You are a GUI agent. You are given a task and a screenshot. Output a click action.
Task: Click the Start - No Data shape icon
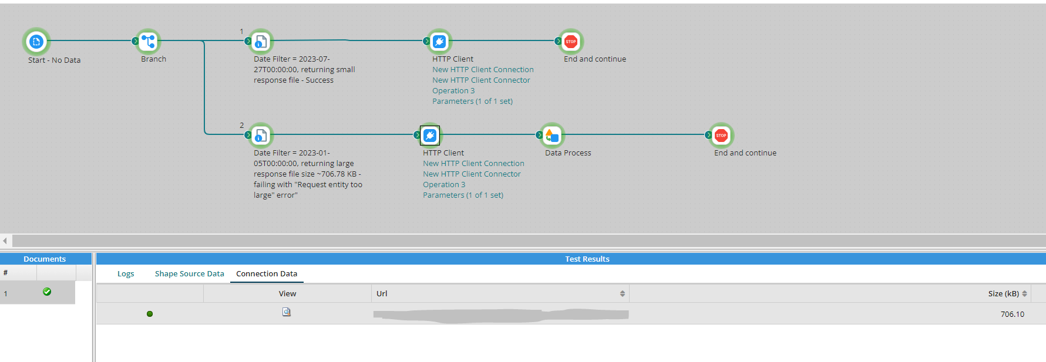pos(36,42)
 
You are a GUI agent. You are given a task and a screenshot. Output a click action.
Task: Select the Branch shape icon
pos(149,41)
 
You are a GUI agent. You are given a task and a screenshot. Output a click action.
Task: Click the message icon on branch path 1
pos(261,42)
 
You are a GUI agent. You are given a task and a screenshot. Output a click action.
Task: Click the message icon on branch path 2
pos(261,136)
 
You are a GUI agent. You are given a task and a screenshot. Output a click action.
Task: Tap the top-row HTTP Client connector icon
pos(439,42)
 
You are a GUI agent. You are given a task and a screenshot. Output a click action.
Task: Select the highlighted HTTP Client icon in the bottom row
pos(430,136)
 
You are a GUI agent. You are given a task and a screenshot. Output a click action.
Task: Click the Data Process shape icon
pos(552,136)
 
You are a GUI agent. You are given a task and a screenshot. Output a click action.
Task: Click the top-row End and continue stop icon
pos(571,42)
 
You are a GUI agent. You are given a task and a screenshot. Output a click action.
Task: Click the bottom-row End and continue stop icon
pos(721,136)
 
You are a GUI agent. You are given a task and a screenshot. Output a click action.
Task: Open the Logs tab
pos(126,274)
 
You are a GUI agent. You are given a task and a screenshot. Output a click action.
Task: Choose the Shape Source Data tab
pos(189,274)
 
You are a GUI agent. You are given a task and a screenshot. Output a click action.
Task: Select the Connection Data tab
pos(267,274)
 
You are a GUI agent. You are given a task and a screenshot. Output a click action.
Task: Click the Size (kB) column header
pos(1003,294)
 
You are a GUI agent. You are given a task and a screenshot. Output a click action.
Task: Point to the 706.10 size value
pos(1012,314)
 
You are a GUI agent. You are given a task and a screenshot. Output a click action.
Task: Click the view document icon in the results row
pos(287,312)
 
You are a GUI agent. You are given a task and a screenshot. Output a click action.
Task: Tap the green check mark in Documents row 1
pos(47,292)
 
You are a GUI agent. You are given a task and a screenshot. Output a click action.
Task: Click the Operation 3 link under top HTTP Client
pos(453,91)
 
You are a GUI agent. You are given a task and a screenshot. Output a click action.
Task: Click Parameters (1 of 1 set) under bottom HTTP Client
pos(463,195)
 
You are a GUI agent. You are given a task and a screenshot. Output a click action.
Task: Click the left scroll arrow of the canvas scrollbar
pos(5,241)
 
